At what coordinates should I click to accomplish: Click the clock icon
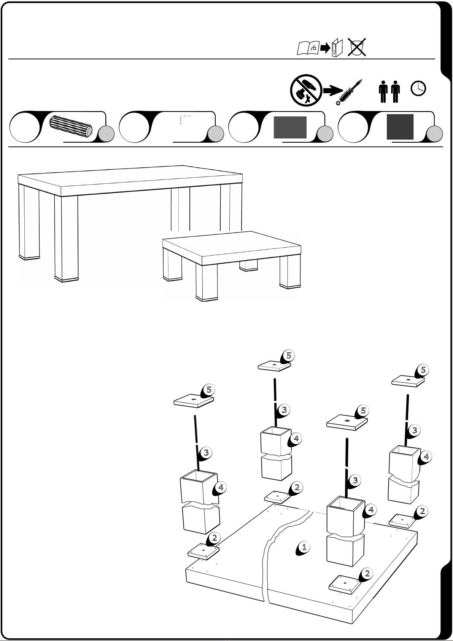tap(418, 88)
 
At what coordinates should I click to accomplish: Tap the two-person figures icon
tap(390, 92)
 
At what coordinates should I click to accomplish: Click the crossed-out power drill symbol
tap(306, 91)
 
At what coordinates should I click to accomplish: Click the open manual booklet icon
tap(308, 48)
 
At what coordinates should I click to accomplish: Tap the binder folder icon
tap(337, 48)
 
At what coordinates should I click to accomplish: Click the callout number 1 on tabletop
tap(304, 547)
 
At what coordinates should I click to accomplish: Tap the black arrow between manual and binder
tap(325, 48)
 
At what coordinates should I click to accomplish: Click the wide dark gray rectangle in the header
tap(290, 127)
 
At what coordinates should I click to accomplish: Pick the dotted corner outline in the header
tap(185, 119)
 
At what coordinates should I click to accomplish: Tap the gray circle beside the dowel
tap(107, 134)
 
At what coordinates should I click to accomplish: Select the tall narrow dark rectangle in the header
tap(400, 127)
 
